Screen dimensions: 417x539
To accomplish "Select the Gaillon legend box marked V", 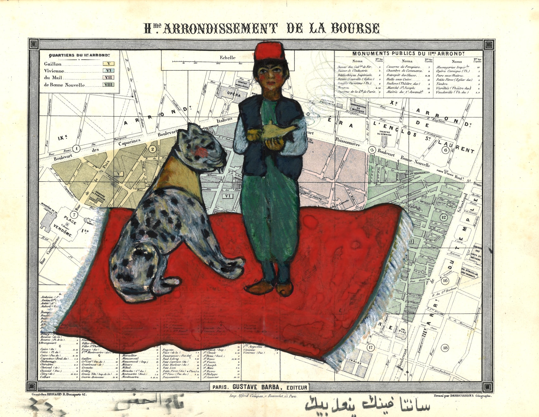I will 108,63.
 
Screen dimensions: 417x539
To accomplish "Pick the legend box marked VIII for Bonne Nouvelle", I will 108,84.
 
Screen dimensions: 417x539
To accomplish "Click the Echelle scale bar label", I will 228,57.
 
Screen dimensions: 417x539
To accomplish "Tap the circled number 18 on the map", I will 445,348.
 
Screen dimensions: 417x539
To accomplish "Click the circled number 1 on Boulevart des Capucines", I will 76,148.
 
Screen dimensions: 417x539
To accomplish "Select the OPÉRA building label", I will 234,94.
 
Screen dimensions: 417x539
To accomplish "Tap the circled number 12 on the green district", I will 443,217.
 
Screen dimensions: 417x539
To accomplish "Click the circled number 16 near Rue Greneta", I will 445,281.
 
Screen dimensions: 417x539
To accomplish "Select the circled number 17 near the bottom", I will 370,347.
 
